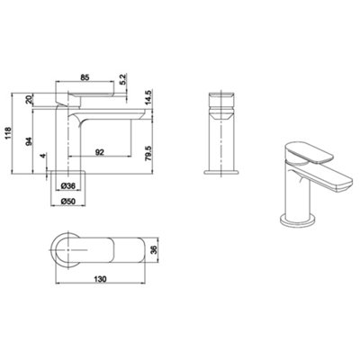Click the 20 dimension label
click(29, 98)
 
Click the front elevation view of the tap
click(220, 135)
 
